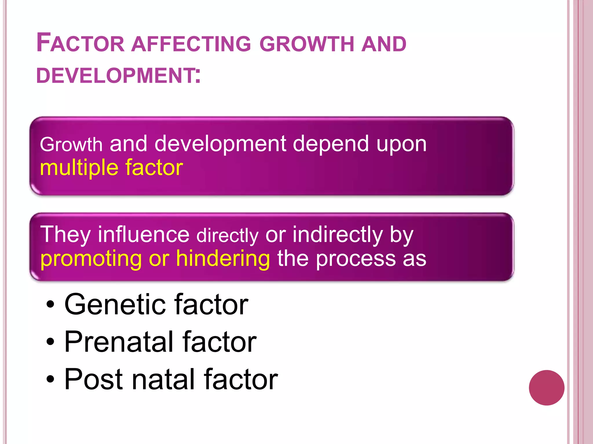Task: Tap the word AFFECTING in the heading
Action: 191,44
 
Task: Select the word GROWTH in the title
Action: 307,44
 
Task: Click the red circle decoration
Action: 546,388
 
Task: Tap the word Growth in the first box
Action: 71,145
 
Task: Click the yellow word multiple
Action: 79,168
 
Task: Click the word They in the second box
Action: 65,235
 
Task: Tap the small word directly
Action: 227,236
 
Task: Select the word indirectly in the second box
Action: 338,235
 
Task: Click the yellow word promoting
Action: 91,259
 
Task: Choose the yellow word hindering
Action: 223,258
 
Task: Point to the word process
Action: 356,259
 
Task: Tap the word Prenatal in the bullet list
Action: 119,342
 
